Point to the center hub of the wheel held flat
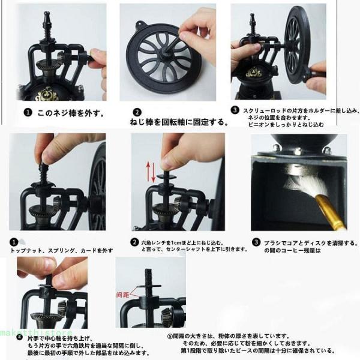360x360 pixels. click(163, 58)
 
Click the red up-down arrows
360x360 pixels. click(152, 172)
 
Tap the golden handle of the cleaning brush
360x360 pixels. click(331, 212)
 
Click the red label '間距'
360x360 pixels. click(123, 295)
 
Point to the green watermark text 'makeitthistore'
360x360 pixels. click(36, 333)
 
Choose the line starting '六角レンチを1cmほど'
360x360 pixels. click(183, 243)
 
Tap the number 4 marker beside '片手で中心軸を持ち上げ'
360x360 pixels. click(19, 337)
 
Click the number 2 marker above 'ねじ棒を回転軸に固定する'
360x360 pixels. click(137, 112)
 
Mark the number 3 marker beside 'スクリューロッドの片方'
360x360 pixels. click(235, 110)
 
